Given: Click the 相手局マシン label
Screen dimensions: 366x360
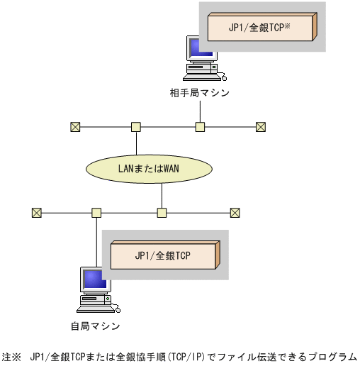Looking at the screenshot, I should tap(200, 93).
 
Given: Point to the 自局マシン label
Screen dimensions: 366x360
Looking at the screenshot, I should tap(95, 326).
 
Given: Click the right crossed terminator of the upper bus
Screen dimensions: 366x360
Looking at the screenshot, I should tap(260, 127).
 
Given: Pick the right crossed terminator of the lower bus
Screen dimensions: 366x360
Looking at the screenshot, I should tap(235, 212).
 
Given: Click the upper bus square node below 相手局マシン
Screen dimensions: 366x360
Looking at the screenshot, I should tap(200, 127).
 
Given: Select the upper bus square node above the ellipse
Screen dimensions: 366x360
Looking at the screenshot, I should tap(135, 127).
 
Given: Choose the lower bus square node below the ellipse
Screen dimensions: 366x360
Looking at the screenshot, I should tap(162, 212).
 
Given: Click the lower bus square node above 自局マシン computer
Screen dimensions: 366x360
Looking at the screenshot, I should tap(96, 212).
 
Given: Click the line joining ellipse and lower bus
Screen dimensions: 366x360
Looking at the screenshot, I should tap(162, 195).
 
